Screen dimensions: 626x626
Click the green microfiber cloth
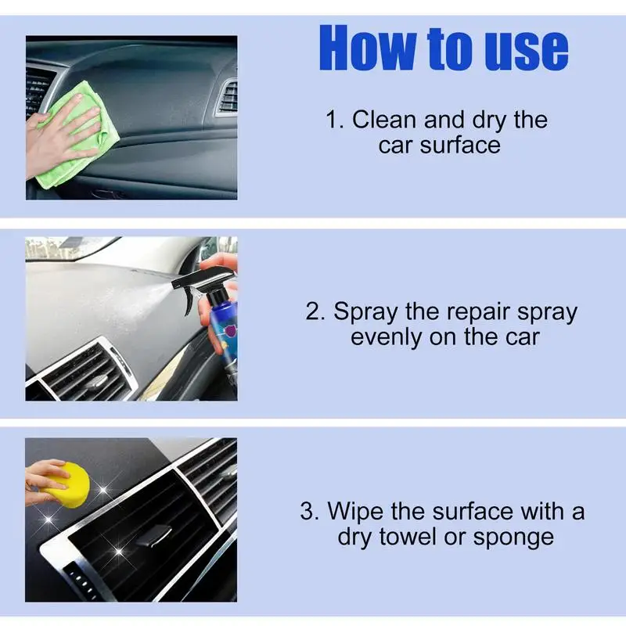click(x=77, y=135)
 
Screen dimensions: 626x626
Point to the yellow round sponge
click(x=69, y=484)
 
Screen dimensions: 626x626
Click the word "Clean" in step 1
click(x=384, y=120)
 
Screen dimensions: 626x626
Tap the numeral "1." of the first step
click(x=335, y=120)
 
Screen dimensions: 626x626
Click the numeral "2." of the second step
click(x=315, y=311)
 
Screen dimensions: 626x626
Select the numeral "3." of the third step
click(x=310, y=511)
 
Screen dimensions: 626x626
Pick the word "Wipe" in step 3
click(x=356, y=512)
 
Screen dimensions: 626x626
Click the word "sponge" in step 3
click(x=514, y=538)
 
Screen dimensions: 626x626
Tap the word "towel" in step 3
click(x=408, y=537)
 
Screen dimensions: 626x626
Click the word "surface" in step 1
click(x=460, y=145)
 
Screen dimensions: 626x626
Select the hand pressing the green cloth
click(x=60, y=135)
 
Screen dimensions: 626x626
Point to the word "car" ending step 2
click(x=523, y=337)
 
